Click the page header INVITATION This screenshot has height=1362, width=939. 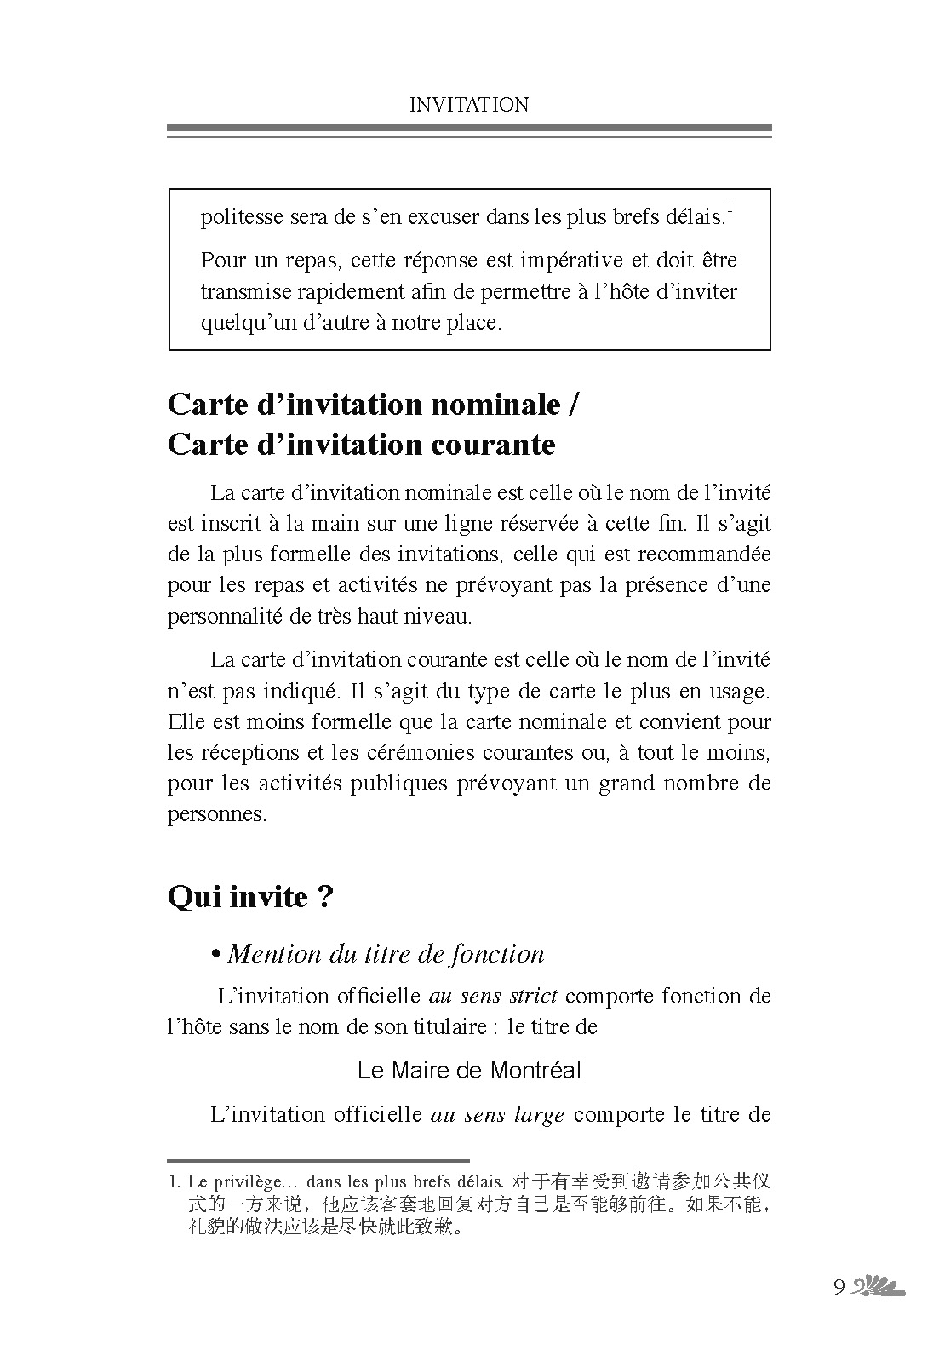tap(469, 105)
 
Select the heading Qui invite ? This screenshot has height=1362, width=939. tap(250, 897)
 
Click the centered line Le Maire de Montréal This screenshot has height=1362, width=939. tap(469, 1071)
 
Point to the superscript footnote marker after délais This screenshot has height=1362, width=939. tap(730, 207)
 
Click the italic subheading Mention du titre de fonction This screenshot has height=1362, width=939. tap(385, 954)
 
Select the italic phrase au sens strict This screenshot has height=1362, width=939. tap(493, 996)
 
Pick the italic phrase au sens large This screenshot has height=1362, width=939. tap(498, 1115)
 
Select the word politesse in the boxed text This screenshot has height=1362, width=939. tap(241, 217)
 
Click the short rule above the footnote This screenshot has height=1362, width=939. tap(318, 1160)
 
